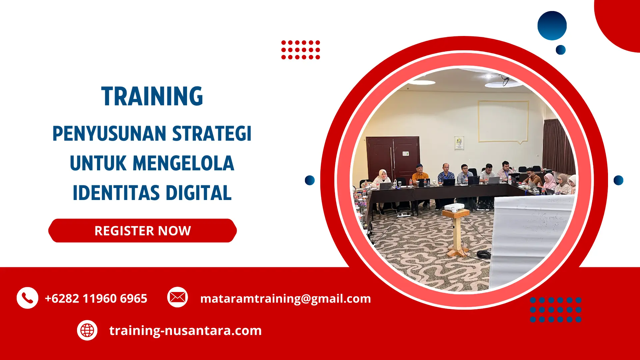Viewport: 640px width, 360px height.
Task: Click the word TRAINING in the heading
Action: point(152,97)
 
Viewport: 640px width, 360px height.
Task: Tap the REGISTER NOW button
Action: point(142,231)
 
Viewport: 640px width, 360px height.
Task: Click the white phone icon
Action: point(27,298)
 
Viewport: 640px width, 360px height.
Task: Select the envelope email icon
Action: point(177,297)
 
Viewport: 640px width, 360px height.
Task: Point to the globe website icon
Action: point(87,330)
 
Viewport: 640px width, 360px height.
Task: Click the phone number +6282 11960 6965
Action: point(96,298)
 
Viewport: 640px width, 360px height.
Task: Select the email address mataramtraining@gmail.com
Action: point(285,298)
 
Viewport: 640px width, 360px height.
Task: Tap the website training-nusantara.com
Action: point(185,330)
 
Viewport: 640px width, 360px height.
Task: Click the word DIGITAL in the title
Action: point(199,193)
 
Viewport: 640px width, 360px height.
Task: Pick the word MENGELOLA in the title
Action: point(183,163)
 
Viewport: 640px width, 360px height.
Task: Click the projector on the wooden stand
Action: point(454,207)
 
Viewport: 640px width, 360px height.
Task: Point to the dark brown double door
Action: point(393,157)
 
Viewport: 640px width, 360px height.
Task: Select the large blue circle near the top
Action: point(552,26)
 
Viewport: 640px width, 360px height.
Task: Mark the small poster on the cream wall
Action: point(459,143)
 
